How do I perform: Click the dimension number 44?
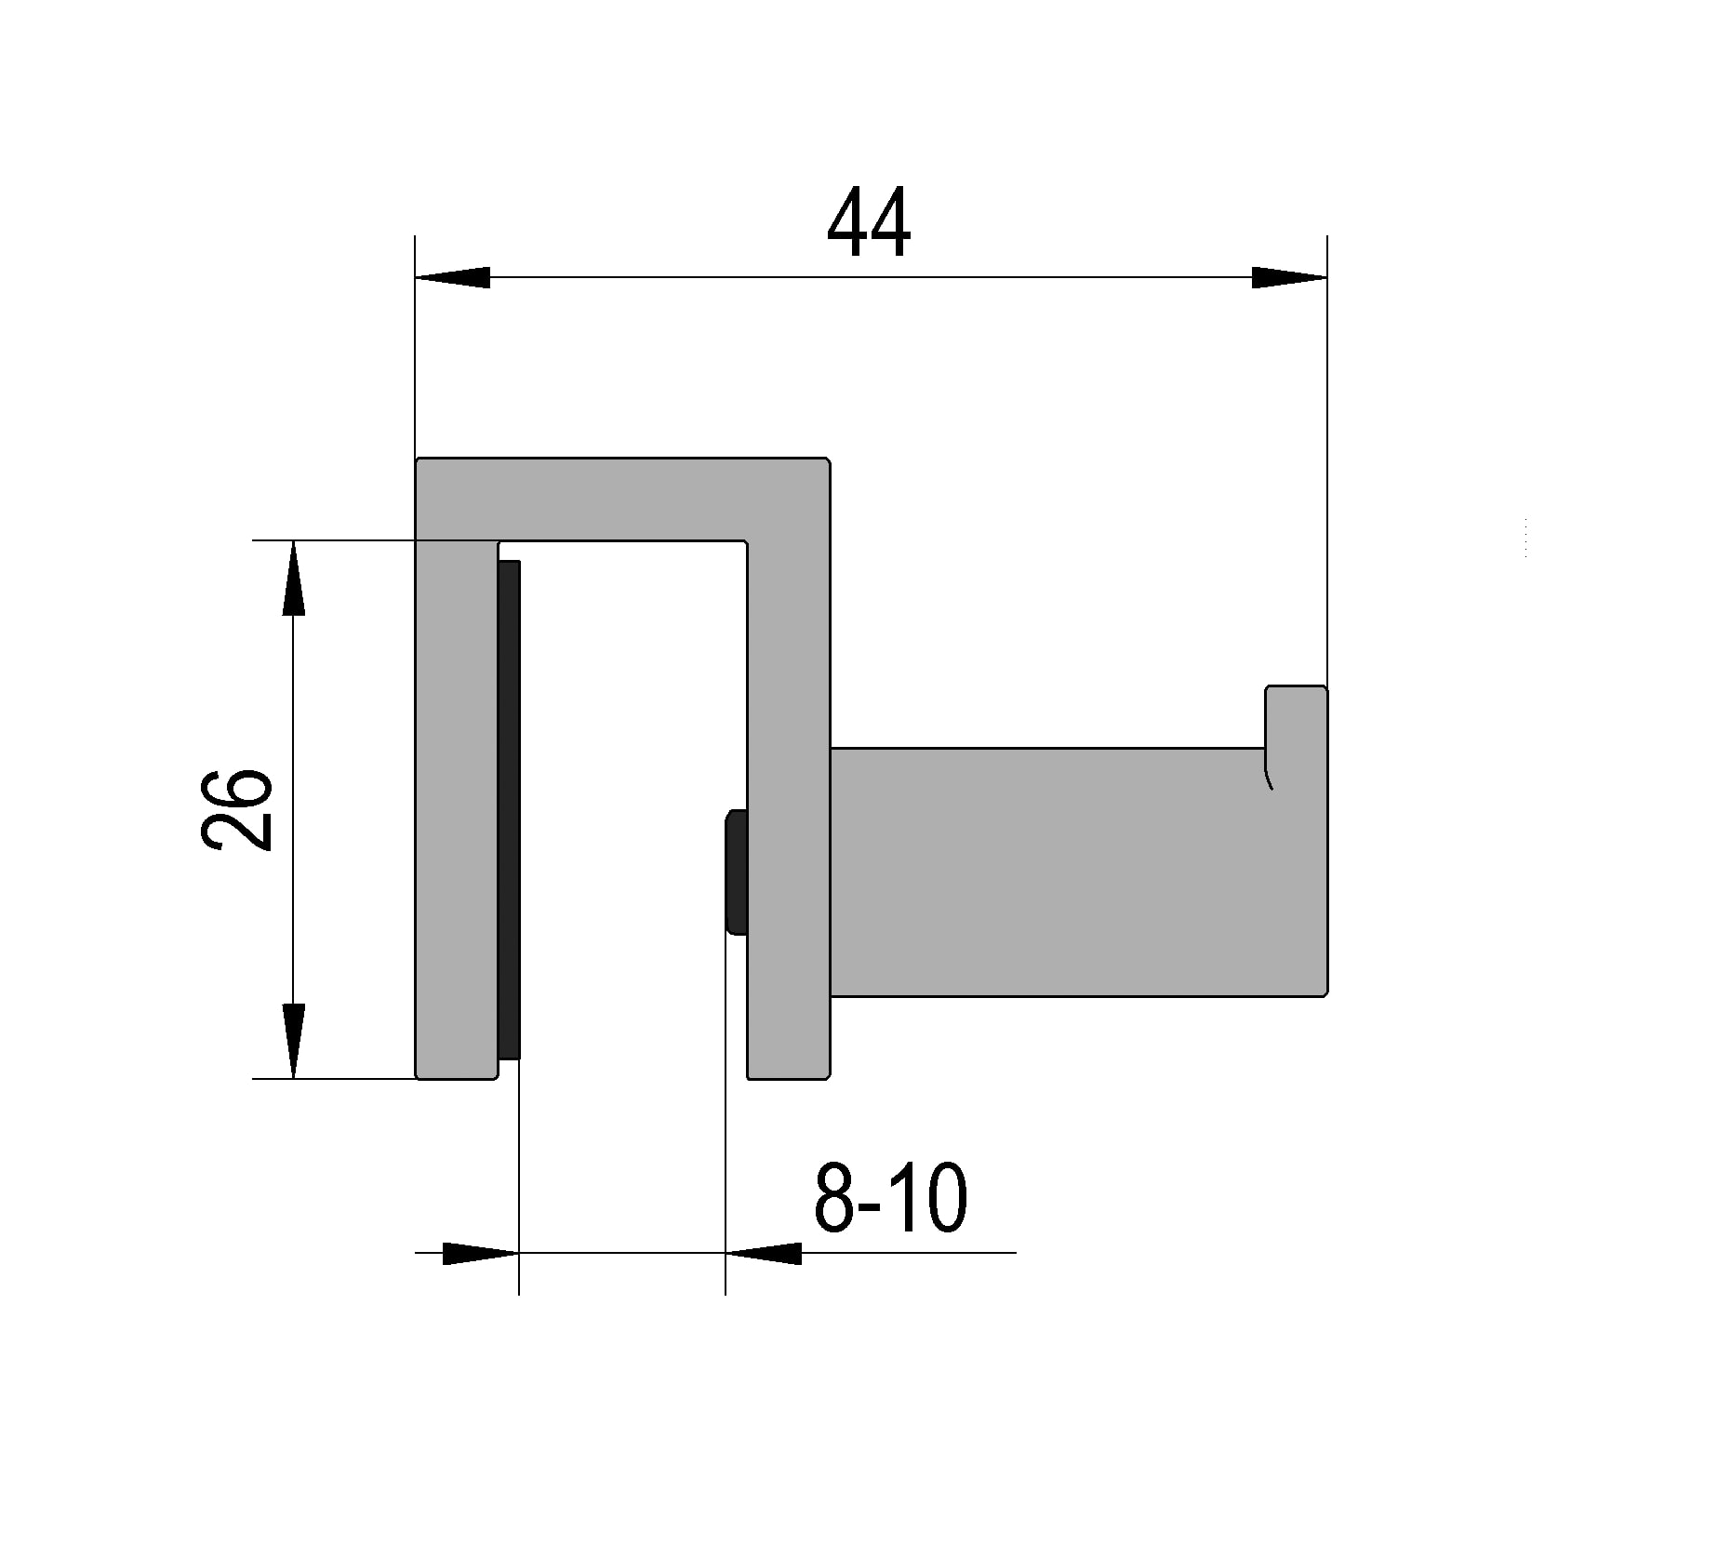[x=868, y=223]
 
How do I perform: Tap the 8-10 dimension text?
[x=890, y=1198]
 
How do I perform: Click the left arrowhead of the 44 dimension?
[x=453, y=277]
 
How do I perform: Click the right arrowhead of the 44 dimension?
[x=1288, y=277]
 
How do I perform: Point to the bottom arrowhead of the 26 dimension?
[x=294, y=1040]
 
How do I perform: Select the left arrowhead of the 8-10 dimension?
[x=479, y=1253]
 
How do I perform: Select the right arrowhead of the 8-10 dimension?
[x=764, y=1253]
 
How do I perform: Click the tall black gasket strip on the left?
[x=509, y=809]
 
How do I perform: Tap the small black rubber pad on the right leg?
[x=736, y=872]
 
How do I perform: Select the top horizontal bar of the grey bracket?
[x=621, y=499]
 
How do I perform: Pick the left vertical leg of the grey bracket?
[x=456, y=809]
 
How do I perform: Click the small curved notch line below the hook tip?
[x=1268, y=778]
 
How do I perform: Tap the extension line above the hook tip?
[x=1326, y=465]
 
